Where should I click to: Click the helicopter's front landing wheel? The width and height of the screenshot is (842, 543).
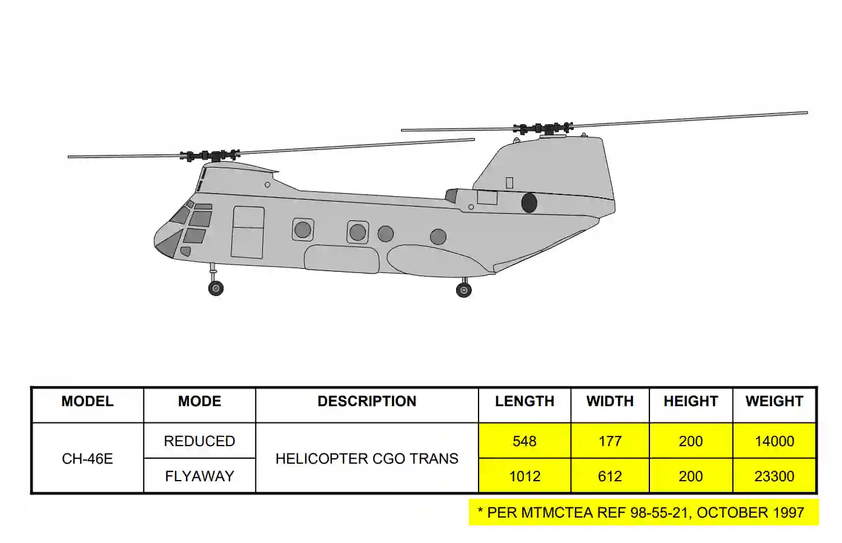216,288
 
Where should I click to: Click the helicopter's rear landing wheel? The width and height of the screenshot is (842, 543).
464,291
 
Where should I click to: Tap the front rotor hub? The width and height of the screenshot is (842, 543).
210,156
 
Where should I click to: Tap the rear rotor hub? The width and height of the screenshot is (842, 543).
543,128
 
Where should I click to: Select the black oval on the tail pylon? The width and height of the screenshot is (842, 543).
529,203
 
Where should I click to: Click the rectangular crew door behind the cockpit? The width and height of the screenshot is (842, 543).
248,232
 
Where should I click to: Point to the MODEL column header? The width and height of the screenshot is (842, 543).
87,401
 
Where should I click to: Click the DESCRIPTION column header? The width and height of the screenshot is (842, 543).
366,401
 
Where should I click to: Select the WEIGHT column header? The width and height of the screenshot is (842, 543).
774,401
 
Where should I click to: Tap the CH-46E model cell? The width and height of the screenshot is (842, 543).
87,459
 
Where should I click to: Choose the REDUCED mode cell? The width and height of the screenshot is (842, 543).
199,441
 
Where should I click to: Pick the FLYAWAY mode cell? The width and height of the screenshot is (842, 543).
199,476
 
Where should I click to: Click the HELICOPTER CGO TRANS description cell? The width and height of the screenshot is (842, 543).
366,459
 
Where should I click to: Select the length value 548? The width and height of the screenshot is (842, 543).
525,441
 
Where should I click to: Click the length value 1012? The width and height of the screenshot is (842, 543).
525,476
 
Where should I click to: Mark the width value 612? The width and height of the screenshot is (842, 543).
610,476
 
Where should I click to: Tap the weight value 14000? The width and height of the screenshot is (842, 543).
774,441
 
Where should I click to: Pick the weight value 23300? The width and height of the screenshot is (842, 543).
774,476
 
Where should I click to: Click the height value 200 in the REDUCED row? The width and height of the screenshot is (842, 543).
691,441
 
